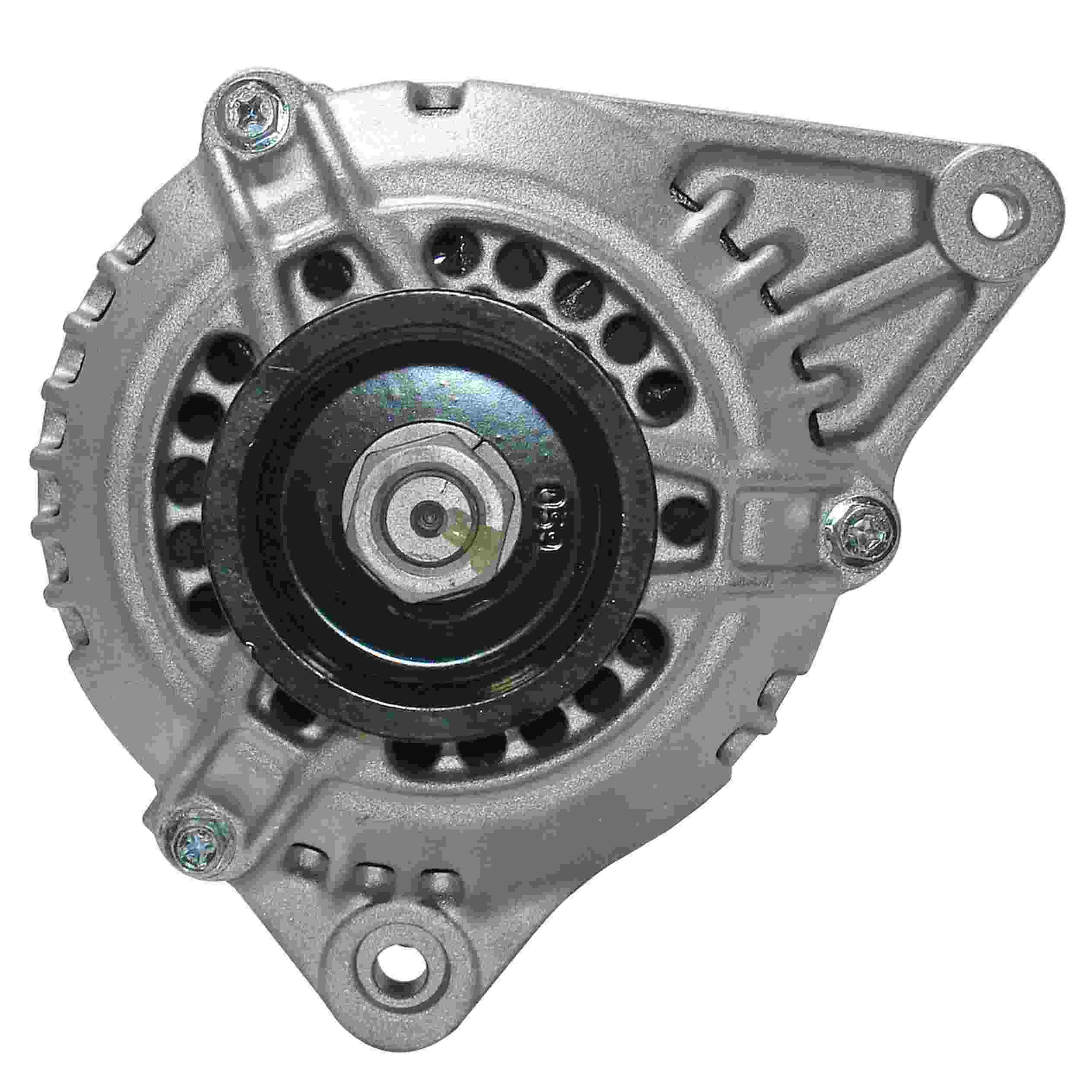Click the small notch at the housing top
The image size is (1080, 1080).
[x=437, y=101]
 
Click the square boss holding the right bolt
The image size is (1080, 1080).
[x=780, y=514]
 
